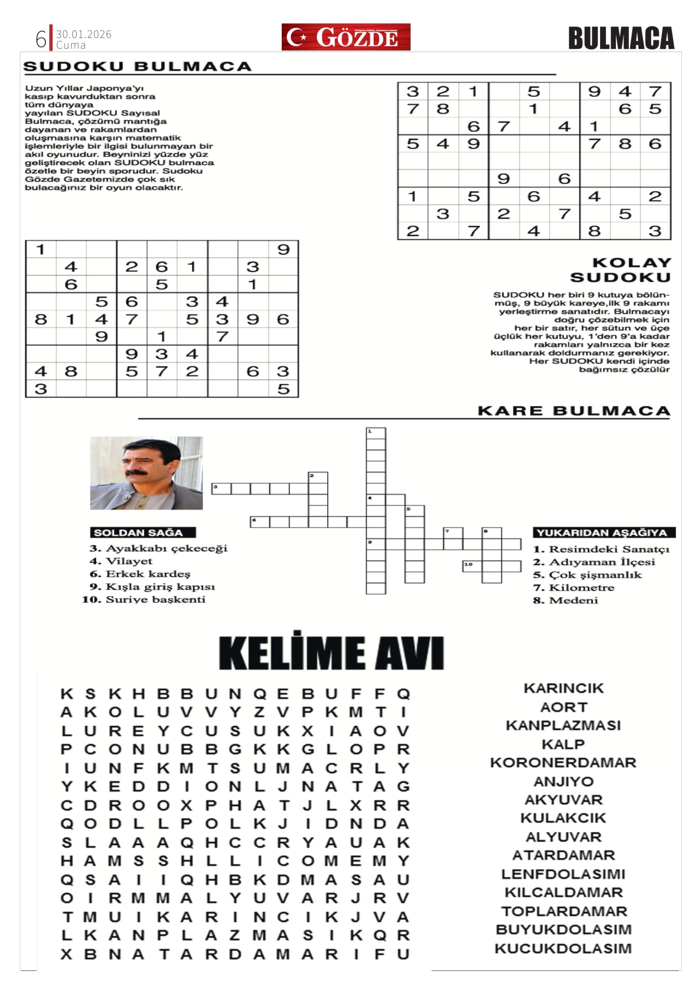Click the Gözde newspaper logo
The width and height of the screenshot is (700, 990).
point(346,37)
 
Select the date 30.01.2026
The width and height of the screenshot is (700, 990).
point(84,34)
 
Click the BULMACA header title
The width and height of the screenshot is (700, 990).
point(621,38)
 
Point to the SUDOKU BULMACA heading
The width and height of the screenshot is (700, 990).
point(137,66)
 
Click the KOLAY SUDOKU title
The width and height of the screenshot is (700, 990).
point(621,270)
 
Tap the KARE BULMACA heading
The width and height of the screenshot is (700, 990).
point(574,411)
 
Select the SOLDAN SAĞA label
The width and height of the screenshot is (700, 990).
point(143,533)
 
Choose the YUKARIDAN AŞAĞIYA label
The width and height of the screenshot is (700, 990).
point(604,533)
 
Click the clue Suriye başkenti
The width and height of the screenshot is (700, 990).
point(155,599)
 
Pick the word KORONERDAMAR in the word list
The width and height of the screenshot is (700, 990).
point(563,763)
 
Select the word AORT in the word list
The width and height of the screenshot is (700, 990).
point(563,708)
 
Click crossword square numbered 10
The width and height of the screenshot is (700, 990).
point(472,566)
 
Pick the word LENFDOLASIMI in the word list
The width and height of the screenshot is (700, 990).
point(563,874)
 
